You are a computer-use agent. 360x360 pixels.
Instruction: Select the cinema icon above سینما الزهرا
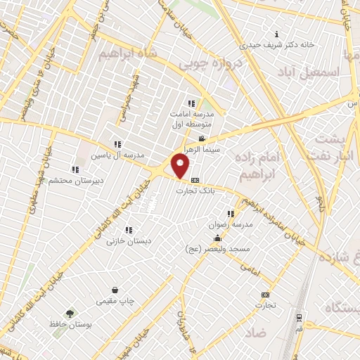pyautogui.click(x=202, y=139)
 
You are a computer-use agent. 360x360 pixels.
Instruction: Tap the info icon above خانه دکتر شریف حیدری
pyautogui.click(x=276, y=34)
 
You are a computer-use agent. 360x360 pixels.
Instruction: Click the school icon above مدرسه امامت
pyautogui.click(x=191, y=103)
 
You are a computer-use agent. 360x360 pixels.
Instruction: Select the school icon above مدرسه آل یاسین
pyautogui.click(x=117, y=144)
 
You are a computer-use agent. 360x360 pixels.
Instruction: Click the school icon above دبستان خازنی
pyautogui.click(x=129, y=230)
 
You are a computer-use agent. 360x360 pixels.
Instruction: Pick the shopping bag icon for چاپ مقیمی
pyautogui.click(x=115, y=290)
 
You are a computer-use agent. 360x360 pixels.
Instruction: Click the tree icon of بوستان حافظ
pyautogui.click(x=69, y=314)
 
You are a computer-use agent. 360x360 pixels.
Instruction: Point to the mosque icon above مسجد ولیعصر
pyautogui.click(x=218, y=238)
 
